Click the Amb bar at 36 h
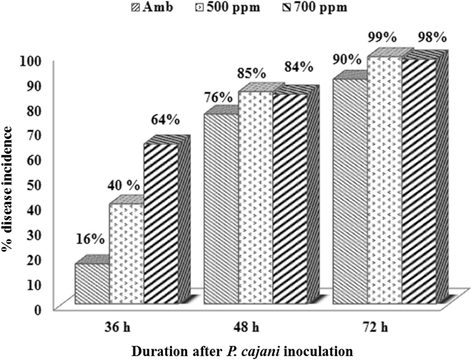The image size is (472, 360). (91, 283)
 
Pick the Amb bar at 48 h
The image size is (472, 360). (220, 209)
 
